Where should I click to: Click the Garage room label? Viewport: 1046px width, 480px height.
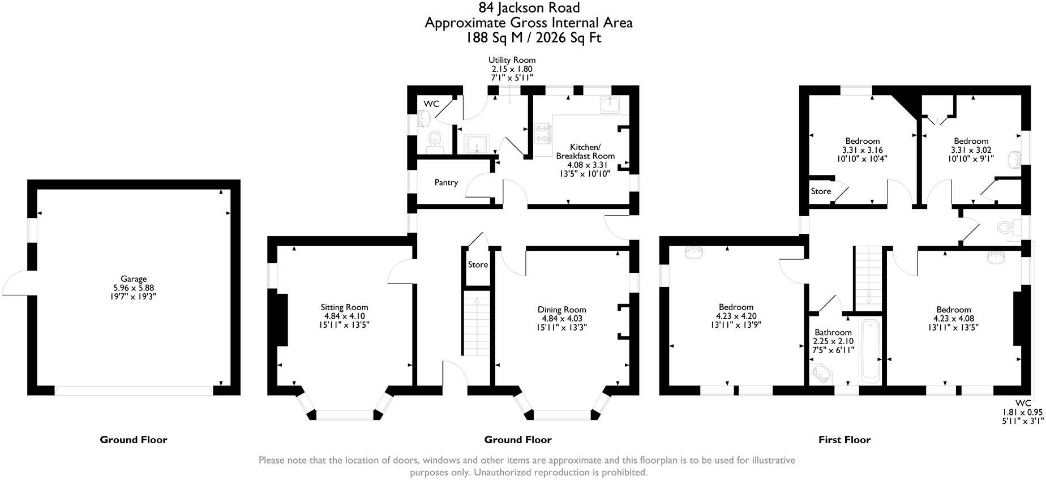[134, 278]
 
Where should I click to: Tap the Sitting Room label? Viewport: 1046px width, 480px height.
[344, 307]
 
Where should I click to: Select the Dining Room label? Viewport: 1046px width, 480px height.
[561, 310]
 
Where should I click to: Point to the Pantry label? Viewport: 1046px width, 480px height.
[446, 182]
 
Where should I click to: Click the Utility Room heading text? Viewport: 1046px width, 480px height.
[512, 60]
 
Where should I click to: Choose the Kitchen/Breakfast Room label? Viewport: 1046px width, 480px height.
[585, 152]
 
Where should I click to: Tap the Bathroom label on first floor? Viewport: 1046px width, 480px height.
[833, 332]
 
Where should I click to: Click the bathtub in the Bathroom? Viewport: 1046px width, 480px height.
[869, 350]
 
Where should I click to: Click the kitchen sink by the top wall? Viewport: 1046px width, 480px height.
[610, 105]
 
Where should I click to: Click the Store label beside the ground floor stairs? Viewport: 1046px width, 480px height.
[478, 264]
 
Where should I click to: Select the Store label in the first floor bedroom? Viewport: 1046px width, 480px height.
[821, 191]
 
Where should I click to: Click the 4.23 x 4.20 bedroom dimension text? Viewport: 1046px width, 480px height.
[736, 316]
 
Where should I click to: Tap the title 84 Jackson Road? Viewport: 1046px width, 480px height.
[529, 7]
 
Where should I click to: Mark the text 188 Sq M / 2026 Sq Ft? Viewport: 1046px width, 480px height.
[533, 38]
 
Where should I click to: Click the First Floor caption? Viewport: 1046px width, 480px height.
[844, 439]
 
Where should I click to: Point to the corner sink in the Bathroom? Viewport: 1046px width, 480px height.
[818, 374]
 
